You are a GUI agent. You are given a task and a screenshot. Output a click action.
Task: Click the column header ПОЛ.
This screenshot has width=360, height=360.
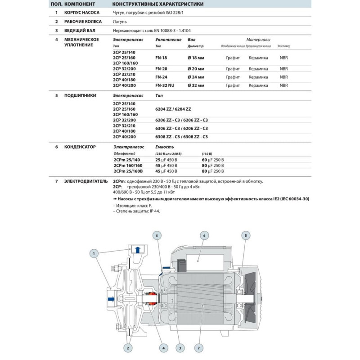(56, 4)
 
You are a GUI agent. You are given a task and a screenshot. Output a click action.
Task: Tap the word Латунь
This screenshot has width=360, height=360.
(120, 22)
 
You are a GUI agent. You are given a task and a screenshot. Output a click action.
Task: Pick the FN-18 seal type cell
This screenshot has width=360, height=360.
(161, 58)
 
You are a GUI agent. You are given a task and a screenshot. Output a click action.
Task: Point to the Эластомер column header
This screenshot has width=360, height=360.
(284, 46)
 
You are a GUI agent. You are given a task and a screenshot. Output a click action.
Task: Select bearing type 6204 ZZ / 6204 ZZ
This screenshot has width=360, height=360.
(173, 109)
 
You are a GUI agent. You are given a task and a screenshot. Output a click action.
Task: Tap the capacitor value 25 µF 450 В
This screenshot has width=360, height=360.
(166, 160)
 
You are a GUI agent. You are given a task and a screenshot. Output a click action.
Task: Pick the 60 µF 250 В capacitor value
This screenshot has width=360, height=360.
(212, 160)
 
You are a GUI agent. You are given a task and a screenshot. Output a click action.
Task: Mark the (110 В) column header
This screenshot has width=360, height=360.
(207, 154)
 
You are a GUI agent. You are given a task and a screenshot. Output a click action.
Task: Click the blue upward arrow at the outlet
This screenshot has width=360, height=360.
(138, 250)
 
